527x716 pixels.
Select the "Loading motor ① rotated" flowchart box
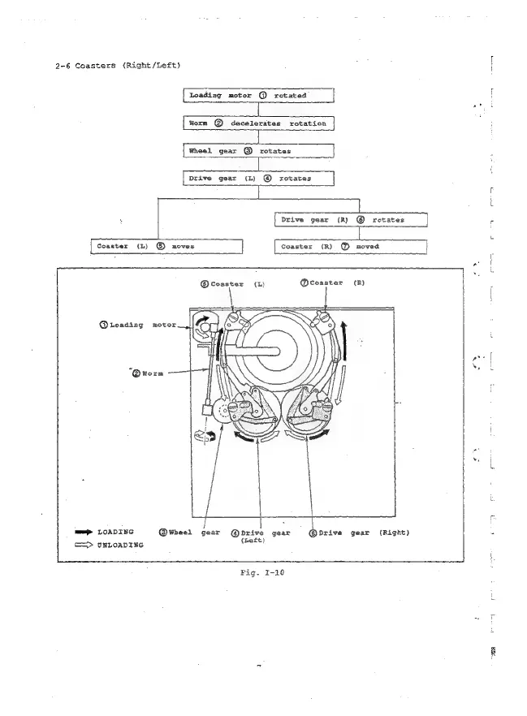coord(258,96)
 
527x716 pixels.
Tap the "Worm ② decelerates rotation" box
coord(258,123)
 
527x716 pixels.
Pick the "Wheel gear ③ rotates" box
coord(258,150)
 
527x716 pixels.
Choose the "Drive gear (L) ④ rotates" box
coord(258,176)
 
